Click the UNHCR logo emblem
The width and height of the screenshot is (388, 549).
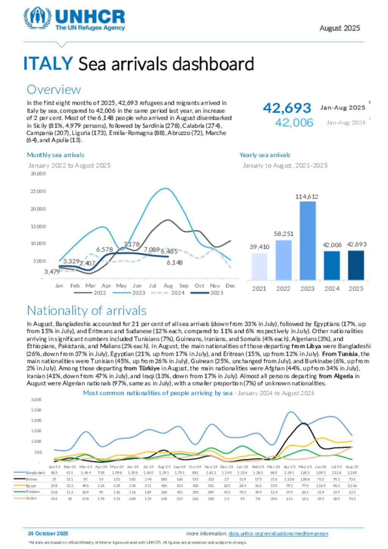38,18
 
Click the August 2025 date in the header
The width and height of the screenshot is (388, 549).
339,28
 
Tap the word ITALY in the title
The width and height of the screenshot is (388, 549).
48,63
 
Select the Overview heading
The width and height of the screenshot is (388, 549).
53,89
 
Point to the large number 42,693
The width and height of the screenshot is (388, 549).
287,108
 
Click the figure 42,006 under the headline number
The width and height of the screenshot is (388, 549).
294,122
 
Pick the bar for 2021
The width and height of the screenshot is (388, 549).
259,266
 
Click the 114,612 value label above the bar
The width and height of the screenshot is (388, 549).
307,197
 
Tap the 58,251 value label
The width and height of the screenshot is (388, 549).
283,234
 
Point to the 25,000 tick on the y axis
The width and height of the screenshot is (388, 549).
38,191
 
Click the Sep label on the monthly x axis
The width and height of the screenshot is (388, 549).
184,286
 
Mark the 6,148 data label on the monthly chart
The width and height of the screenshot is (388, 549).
175,263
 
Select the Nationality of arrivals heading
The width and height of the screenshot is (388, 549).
86,311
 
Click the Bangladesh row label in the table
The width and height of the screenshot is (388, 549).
35,473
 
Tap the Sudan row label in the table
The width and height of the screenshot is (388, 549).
31,498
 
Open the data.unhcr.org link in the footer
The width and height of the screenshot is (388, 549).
278,533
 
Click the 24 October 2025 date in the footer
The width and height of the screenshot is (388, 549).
48,533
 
